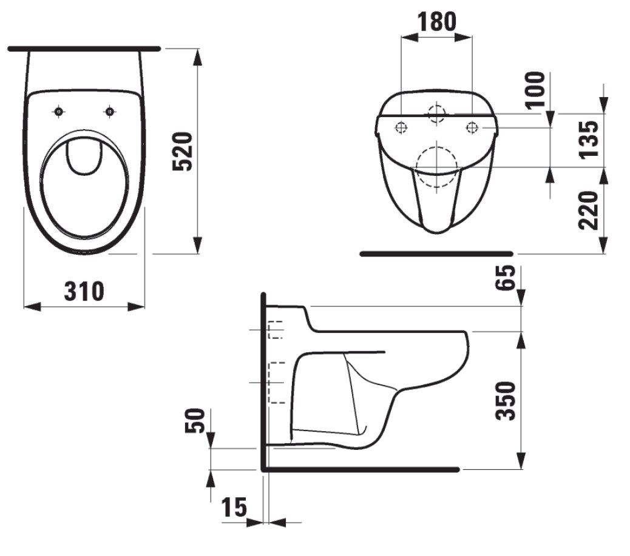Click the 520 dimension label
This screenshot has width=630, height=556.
click(x=183, y=152)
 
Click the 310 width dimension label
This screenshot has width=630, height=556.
click(x=84, y=292)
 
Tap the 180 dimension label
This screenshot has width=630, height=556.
click(x=437, y=22)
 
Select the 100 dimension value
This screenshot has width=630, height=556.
click(x=535, y=90)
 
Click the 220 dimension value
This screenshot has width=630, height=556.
click(x=589, y=210)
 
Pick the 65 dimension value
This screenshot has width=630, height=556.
click(x=504, y=278)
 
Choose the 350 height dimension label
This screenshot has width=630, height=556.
click(x=505, y=401)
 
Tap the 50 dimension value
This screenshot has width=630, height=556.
click(x=195, y=421)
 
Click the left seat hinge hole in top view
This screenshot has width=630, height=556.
click(x=59, y=112)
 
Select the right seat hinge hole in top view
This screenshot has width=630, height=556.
click(x=109, y=112)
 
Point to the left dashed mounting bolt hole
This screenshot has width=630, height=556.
click(x=401, y=128)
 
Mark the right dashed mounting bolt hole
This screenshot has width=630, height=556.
click(x=472, y=128)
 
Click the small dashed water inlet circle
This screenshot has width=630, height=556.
click(x=437, y=113)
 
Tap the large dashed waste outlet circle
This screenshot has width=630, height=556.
click(x=437, y=167)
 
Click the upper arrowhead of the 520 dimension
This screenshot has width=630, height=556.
click(x=197, y=58)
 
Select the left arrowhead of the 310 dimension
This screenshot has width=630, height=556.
click(x=33, y=306)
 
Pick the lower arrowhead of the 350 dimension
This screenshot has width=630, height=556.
click(x=521, y=460)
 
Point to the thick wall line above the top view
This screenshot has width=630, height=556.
click(x=84, y=49)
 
